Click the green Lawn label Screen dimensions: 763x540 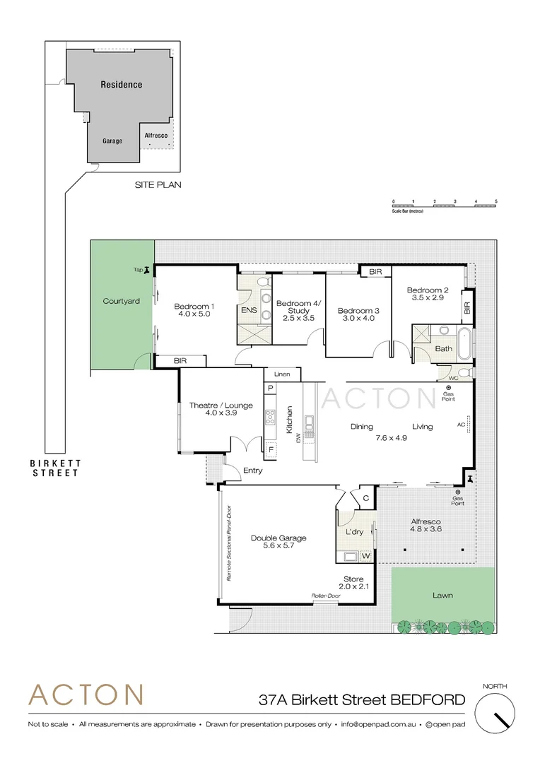coord(442,595)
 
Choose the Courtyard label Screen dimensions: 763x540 coord(121,300)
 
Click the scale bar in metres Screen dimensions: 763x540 coord(445,204)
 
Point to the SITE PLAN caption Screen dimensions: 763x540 coord(158,185)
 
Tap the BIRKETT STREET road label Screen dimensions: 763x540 coord(55,468)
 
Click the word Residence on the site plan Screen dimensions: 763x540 coord(121,84)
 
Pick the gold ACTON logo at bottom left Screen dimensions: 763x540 coord(86,694)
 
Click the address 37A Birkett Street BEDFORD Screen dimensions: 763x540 coord(362,700)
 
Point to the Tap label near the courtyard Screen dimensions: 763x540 coord(139,269)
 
